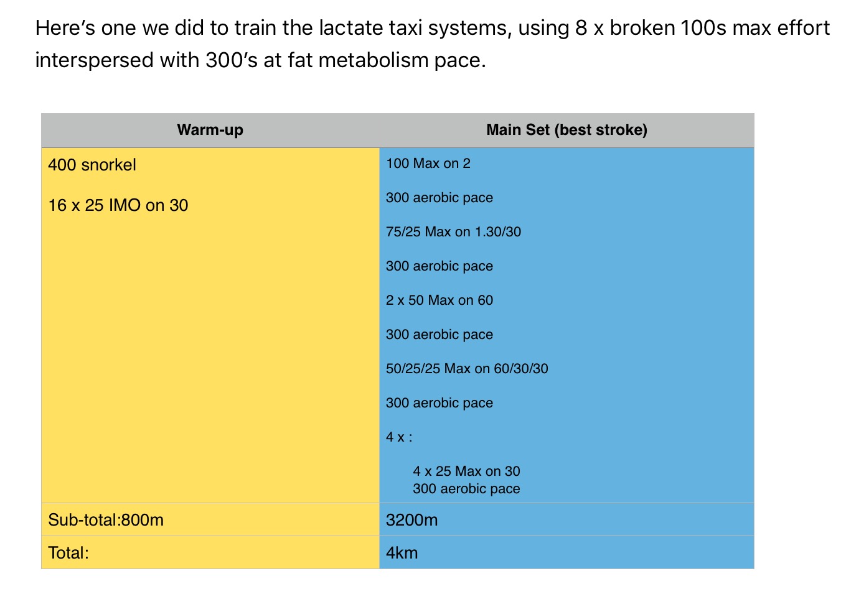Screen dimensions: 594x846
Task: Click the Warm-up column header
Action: click(210, 130)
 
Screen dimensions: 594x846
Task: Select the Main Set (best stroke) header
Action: click(566, 130)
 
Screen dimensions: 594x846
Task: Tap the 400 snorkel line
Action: click(92, 165)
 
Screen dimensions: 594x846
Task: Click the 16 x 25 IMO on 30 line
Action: click(118, 205)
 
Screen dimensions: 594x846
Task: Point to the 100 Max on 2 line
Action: click(428, 164)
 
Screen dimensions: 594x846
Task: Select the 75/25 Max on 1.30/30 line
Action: click(453, 232)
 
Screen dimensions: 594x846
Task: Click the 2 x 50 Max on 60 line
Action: click(439, 300)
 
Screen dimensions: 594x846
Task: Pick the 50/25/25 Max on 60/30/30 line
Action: click(467, 369)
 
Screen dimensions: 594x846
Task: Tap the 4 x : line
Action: click(399, 437)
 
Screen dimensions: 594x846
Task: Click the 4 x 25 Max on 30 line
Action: click(466, 471)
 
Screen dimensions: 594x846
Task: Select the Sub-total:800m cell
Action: click(106, 520)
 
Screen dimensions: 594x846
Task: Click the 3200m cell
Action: click(411, 520)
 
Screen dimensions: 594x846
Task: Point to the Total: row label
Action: click(68, 553)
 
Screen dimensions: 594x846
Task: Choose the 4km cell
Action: click(402, 553)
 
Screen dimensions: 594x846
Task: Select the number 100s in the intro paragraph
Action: click(703, 29)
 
